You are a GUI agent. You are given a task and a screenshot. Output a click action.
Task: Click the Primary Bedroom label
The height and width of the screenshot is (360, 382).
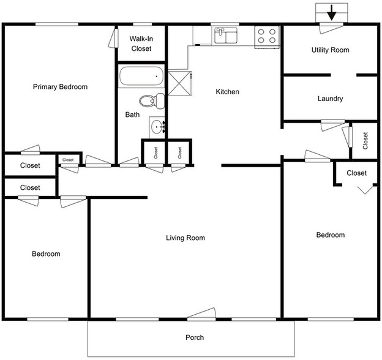[60, 87]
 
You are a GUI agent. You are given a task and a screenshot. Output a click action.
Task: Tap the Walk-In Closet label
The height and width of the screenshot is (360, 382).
[141, 43]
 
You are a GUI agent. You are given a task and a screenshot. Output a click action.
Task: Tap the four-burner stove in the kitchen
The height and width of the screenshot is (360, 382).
[266, 36]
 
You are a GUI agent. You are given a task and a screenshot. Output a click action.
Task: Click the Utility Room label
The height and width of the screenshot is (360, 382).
[330, 50]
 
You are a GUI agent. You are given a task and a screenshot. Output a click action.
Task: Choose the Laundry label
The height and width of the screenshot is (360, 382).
[330, 99]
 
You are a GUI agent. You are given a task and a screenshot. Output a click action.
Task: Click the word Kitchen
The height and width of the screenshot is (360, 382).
[227, 92]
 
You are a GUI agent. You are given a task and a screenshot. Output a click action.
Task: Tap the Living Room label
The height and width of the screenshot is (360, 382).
[185, 238]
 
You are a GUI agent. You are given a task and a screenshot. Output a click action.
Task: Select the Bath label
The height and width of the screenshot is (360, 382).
[132, 114]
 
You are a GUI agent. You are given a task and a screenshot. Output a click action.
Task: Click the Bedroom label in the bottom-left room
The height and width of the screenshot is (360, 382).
[46, 253]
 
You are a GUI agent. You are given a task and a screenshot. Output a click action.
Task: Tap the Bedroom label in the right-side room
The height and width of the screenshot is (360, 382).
[330, 235]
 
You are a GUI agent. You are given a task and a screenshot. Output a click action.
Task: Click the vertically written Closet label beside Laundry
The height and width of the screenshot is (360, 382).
[365, 140]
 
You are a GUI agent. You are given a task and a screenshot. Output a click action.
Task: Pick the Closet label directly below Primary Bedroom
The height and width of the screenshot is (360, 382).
[30, 166]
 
